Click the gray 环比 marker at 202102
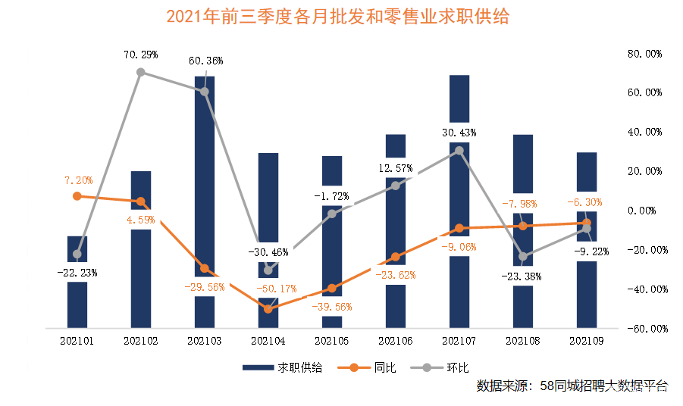point(141,73)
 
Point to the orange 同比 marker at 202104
point(268,309)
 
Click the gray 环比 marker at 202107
point(459,150)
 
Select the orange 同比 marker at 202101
point(77,196)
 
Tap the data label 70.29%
point(140,55)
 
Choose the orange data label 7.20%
point(77,180)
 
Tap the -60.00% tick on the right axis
point(643,329)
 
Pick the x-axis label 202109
point(587,342)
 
